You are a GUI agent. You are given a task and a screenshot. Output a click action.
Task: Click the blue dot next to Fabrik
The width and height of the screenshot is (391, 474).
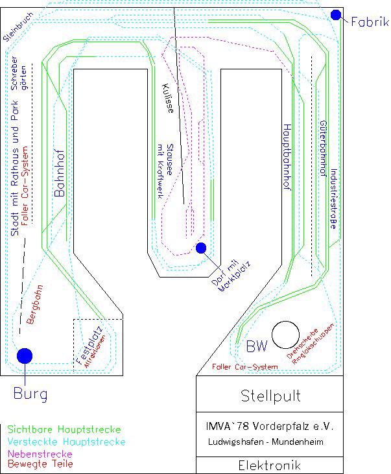tap(336, 15)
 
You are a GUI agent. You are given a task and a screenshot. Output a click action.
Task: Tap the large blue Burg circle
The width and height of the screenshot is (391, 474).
tap(25, 355)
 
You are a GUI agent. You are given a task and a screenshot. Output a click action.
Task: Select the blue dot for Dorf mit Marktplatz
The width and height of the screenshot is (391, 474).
tap(201, 248)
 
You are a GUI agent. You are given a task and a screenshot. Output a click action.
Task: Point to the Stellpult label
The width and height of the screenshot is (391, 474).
tap(270, 395)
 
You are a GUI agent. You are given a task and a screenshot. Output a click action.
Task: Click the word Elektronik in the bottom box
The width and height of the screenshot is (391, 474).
tap(270, 465)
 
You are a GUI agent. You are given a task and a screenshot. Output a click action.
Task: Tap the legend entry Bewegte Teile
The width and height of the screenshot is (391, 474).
tap(40, 464)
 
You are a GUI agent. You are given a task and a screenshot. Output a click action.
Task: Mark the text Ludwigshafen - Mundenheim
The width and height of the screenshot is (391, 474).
tap(265, 442)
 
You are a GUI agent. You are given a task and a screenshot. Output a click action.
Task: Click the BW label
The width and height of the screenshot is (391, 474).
tap(256, 347)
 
